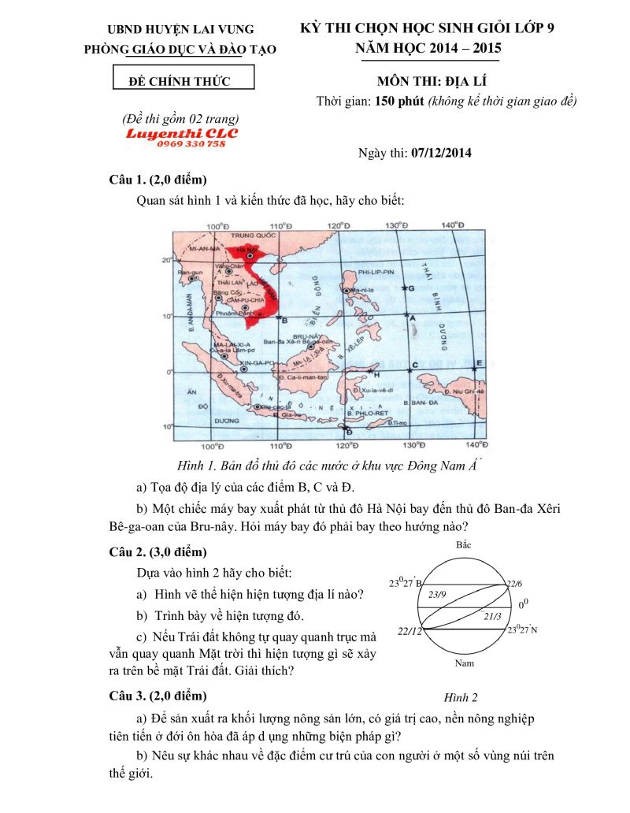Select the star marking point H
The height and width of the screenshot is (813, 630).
pos(370,369)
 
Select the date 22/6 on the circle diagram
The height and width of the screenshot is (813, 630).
pos(514,583)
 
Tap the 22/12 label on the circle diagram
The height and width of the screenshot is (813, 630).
pos(410,631)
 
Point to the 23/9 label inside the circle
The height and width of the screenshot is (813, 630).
pos(438,594)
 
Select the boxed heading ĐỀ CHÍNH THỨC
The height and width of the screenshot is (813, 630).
pos(183,80)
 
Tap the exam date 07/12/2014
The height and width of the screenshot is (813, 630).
pos(441,153)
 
